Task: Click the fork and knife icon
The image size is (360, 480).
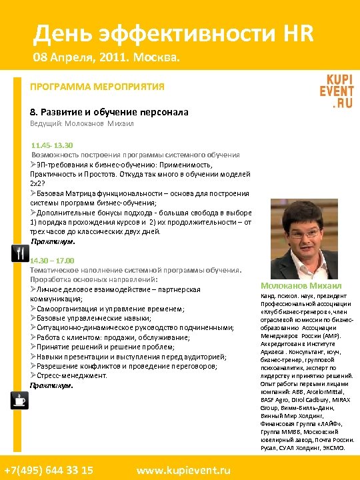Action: point(19,254)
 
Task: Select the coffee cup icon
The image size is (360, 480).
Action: point(19,400)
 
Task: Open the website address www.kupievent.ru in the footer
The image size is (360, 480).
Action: point(184,469)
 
